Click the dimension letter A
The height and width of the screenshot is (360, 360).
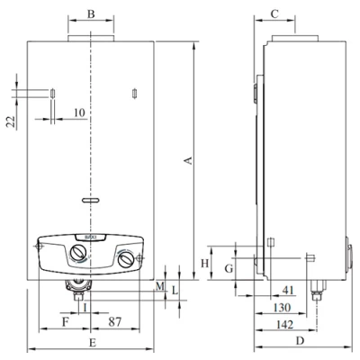189,160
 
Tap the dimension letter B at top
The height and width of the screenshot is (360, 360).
91,13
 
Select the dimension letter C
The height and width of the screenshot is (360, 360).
274,13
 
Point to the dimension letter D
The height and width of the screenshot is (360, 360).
300,341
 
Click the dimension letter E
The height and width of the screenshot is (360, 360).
93,343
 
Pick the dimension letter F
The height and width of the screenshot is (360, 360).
66,322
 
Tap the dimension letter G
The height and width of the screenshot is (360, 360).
229,269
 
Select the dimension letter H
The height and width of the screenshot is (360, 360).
204,264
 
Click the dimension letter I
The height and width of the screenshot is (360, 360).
85,307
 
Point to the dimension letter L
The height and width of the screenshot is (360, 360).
175,290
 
